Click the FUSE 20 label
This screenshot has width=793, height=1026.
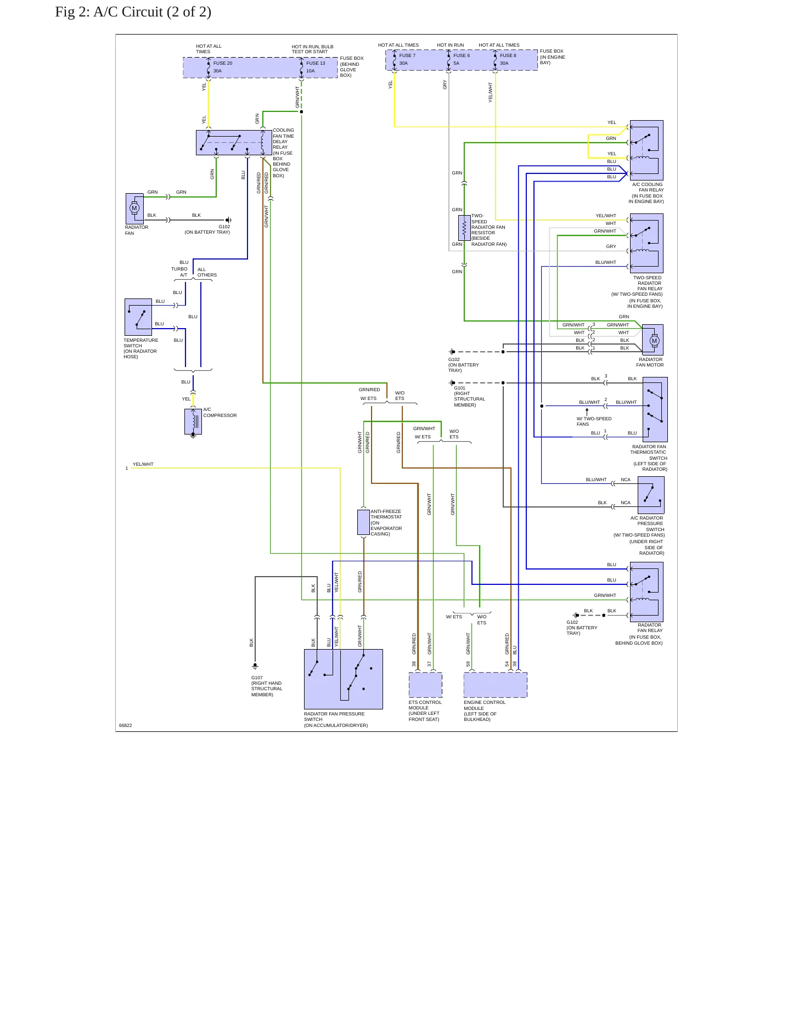click(x=223, y=63)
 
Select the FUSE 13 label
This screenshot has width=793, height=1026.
click(x=316, y=63)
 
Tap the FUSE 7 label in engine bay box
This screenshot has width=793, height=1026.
click(x=407, y=55)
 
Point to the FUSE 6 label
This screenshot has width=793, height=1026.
click(x=462, y=55)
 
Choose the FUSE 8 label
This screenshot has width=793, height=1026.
click(x=508, y=55)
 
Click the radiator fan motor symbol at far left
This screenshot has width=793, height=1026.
click(x=134, y=208)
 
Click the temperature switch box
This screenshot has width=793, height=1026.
click(x=138, y=317)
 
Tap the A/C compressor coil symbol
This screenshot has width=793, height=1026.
click(x=193, y=421)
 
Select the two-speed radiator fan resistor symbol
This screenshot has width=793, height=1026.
click(x=464, y=228)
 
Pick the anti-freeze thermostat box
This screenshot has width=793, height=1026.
click(x=363, y=522)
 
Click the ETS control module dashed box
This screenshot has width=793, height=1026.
click(x=425, y=685)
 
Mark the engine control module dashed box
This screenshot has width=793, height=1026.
click(x=496, y=685)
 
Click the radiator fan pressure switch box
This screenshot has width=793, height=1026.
click(x=344, y=679)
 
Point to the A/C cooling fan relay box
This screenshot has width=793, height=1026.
click(x=646, y=150)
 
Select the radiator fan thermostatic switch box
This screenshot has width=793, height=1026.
click(x=655, y=409)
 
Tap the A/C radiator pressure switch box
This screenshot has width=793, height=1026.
click(x=651, y=495)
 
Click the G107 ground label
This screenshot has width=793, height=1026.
click(x=257, y=678)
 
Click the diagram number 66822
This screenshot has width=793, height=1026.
click(x=126, y=725)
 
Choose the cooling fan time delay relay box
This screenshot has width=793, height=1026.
click(x=234, y=143)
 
